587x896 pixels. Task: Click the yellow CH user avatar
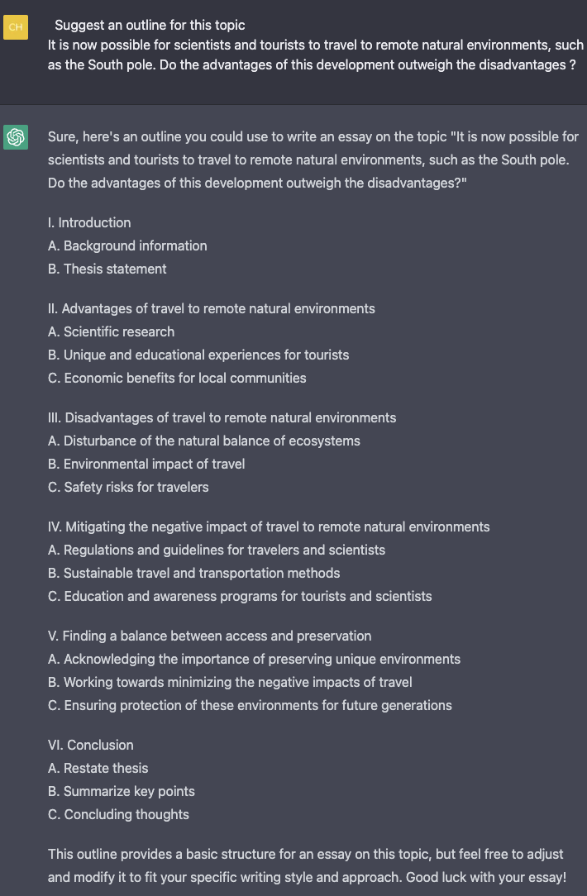click(x=16, y=27)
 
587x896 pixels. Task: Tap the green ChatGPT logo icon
click(x=16, y=137)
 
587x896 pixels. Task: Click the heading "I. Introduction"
click(x=89, y=222)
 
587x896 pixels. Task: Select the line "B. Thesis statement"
click(x=107, y=269)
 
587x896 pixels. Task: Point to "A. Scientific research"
click(x=111, y=331)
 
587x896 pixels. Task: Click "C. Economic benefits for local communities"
click(x=177, y=378)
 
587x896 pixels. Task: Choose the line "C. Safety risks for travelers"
click(x=128, y=487)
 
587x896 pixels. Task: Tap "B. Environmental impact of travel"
click(x=146, y=464)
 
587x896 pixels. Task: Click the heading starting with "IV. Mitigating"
click(x=269, y=527)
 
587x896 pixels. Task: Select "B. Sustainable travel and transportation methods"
click(x=193, y=573)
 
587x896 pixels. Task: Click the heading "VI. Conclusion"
click(x=91, y=745)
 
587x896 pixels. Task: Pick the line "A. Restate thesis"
click(x=98, y=768)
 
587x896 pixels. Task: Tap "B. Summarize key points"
click(x=122, y=791)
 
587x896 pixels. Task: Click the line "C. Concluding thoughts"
click(x=118, y=814)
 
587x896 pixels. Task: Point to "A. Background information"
click(x=127, y=245)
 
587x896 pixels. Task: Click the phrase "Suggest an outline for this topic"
click(x=150, y=25)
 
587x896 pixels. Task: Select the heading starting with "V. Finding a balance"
click(x=209, y=636)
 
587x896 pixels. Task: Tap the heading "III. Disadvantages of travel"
click(x=222, y=417)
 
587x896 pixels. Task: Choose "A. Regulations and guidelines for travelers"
click(x=217, y=550)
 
